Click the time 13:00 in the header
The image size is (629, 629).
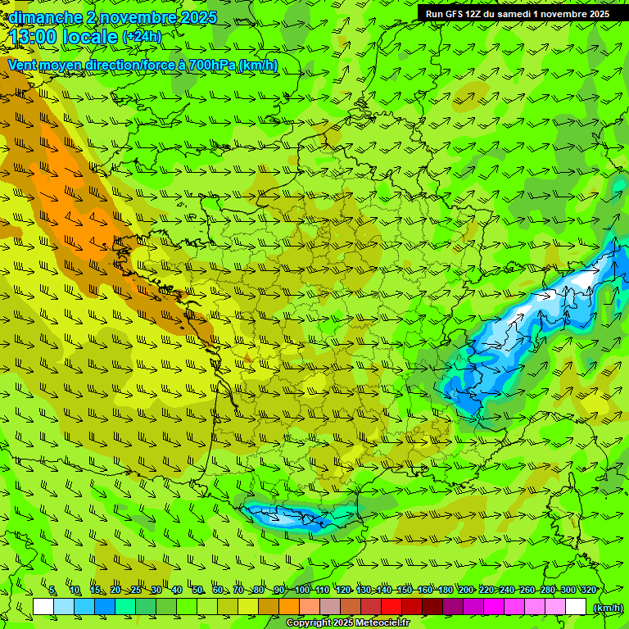37,37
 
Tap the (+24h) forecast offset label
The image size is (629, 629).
142,37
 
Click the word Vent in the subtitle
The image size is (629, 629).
22,66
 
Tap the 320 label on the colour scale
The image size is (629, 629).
587,590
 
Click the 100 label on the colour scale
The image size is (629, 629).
302,590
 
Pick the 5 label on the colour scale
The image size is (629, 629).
52,590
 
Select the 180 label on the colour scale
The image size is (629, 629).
445,590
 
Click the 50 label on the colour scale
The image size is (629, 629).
197,590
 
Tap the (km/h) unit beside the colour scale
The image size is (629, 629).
608,607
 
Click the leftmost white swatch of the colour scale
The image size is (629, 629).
43,607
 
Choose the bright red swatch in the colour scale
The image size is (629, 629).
391,607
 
